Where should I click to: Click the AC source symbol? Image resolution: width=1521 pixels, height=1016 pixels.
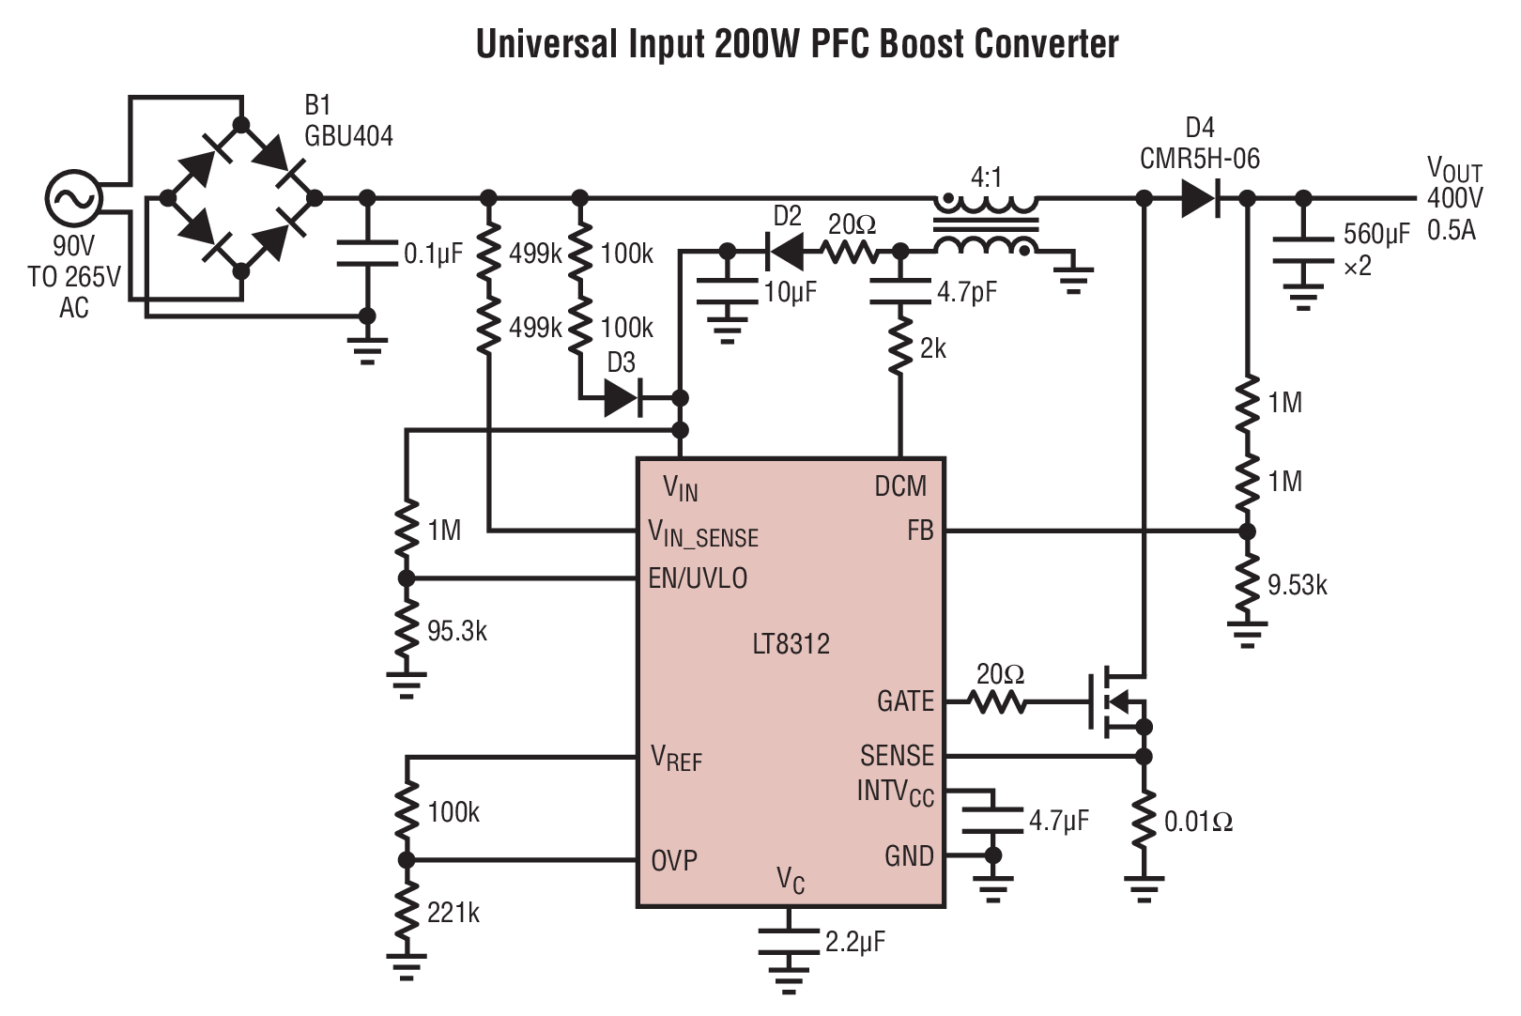tap(72, 199)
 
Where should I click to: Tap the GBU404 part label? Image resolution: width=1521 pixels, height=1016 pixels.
tap(348, 136)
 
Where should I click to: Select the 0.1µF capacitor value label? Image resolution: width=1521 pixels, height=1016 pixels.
tap(433, 254)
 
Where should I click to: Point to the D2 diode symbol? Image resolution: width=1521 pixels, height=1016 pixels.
tap(785, 252)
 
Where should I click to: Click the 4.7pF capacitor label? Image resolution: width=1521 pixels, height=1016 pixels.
tap(966, 293)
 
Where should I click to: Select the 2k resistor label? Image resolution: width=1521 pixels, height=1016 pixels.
tap(932, 349)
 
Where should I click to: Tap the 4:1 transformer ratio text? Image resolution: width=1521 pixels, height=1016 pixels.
tap(987, 177)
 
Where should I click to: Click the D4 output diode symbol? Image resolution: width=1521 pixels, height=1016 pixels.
tap(1200, 199)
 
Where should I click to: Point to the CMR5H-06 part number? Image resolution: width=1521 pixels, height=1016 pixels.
tap(1199, 159)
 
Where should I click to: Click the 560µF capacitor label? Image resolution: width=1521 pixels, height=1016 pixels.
tap(1375, 234)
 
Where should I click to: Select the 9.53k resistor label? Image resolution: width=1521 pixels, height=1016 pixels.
tap(1298, 586)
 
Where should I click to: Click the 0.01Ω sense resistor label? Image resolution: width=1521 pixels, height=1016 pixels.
tap(1198, 823)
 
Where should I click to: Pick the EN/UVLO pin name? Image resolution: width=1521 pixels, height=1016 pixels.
tap(698, 578)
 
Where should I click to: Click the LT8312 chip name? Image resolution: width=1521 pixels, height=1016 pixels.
tap(791, 644)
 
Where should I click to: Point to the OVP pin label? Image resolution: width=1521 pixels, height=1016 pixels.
tap(674, 860)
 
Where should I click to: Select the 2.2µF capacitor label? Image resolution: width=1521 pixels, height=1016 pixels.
tap(854, 941)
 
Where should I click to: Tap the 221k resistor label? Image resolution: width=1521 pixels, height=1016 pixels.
tap(453, 913)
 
